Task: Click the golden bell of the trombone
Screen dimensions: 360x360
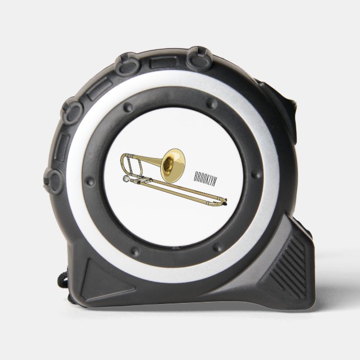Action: (172, 165)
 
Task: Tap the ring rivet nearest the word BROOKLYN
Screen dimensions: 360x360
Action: (256, 174)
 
